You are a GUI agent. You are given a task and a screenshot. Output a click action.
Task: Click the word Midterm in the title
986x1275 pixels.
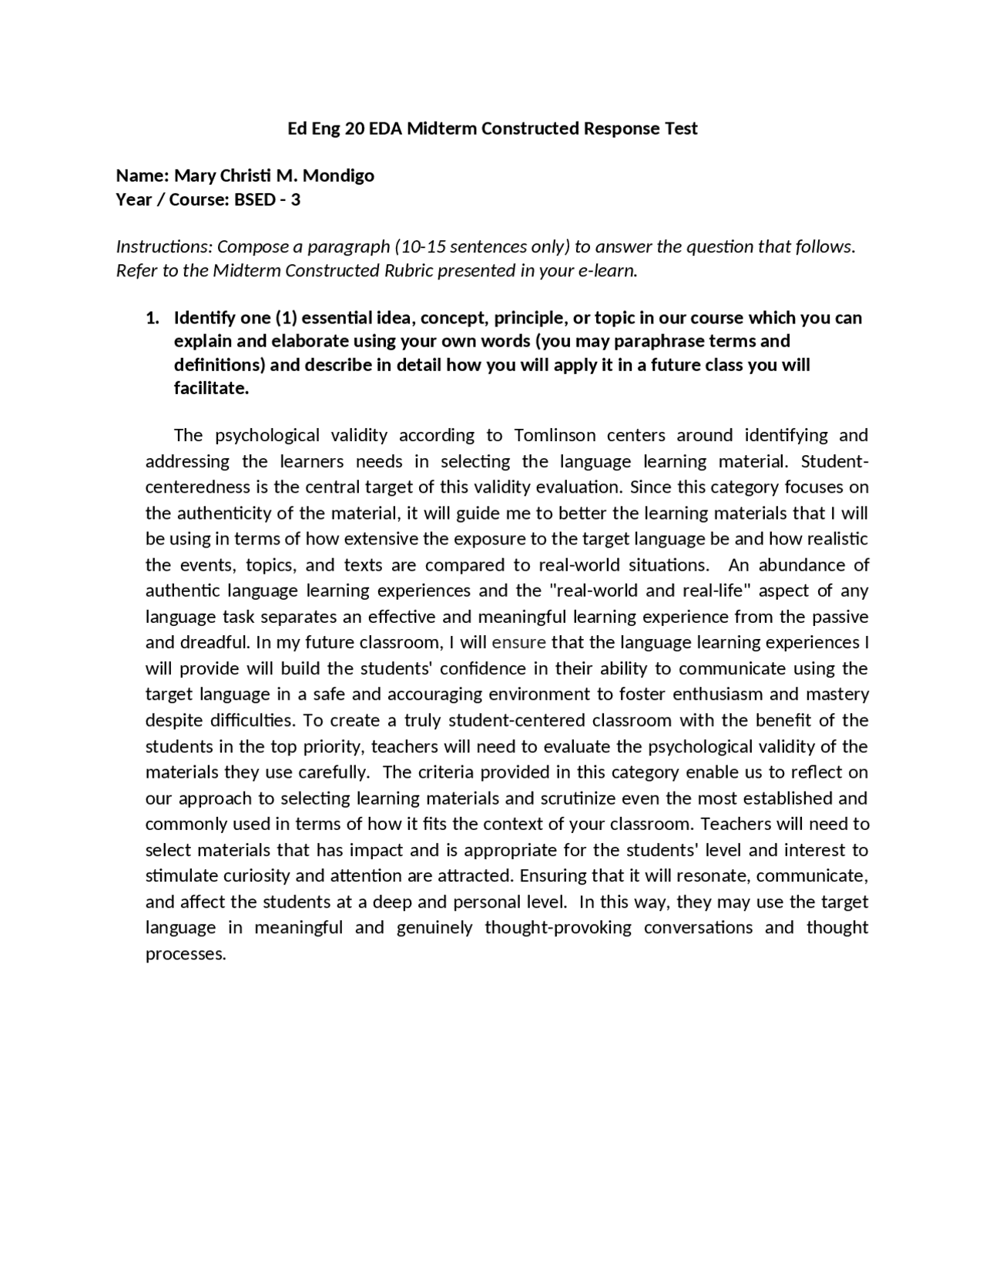tap(441, 129)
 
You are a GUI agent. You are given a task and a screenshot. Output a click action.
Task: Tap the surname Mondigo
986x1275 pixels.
tap(338, 176)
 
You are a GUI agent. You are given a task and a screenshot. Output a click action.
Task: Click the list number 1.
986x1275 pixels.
tap(152, 318)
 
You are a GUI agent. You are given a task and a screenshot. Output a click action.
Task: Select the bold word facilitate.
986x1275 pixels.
tap(211, 388)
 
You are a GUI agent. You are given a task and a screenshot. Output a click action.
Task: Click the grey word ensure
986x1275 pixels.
tap(518, 642)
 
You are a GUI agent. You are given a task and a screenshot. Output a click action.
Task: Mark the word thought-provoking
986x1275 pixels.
tap(558, 928)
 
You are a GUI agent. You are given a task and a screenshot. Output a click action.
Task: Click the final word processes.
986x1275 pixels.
tap(186, 954)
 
